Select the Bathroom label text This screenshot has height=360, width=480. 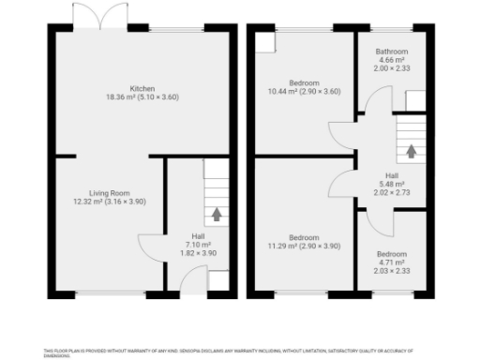[392, 52]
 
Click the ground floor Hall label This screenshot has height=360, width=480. [198, 236]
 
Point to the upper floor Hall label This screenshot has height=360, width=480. [393, 175]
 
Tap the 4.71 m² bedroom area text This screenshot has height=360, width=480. [392, 262]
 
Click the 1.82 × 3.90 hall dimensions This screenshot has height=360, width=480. [198, 253]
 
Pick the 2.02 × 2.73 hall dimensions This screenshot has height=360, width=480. [393, 192]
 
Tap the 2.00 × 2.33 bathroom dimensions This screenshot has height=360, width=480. [392, 69]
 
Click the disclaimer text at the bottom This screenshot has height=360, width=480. [240, 351]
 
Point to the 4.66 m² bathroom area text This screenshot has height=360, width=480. [392, 61]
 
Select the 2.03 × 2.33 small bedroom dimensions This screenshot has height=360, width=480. [392, 271]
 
